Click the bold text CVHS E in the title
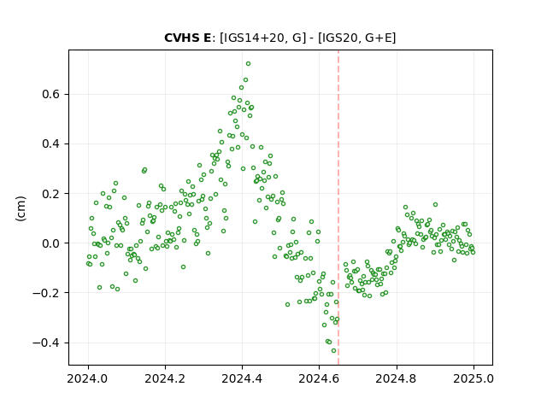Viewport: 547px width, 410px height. [187, 38]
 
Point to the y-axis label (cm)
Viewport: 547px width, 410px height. [21, 208]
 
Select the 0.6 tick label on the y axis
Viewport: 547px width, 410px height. [51, 95]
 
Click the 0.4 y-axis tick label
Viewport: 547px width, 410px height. [51, 144]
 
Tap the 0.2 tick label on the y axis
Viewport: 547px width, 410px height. [51, 194]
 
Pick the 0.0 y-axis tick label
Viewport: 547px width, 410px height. [51, 243]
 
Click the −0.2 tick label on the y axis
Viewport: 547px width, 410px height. [47, 293]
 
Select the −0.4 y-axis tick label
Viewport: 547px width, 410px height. [47, 343]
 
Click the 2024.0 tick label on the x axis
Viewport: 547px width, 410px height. [88, 378]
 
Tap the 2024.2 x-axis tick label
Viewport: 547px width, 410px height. [165, 378]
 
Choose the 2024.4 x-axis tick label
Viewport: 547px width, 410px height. [242, 378]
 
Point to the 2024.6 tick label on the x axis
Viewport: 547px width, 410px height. [319, 378]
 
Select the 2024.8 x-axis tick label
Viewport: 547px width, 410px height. [397, 378]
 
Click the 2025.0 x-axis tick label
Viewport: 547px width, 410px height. [473, 378]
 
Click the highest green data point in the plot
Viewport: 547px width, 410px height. [248, 64]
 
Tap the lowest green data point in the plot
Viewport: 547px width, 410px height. [333, 351]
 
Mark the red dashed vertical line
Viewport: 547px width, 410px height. [338, 208]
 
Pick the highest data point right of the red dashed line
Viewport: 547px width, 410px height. [435, 205]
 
